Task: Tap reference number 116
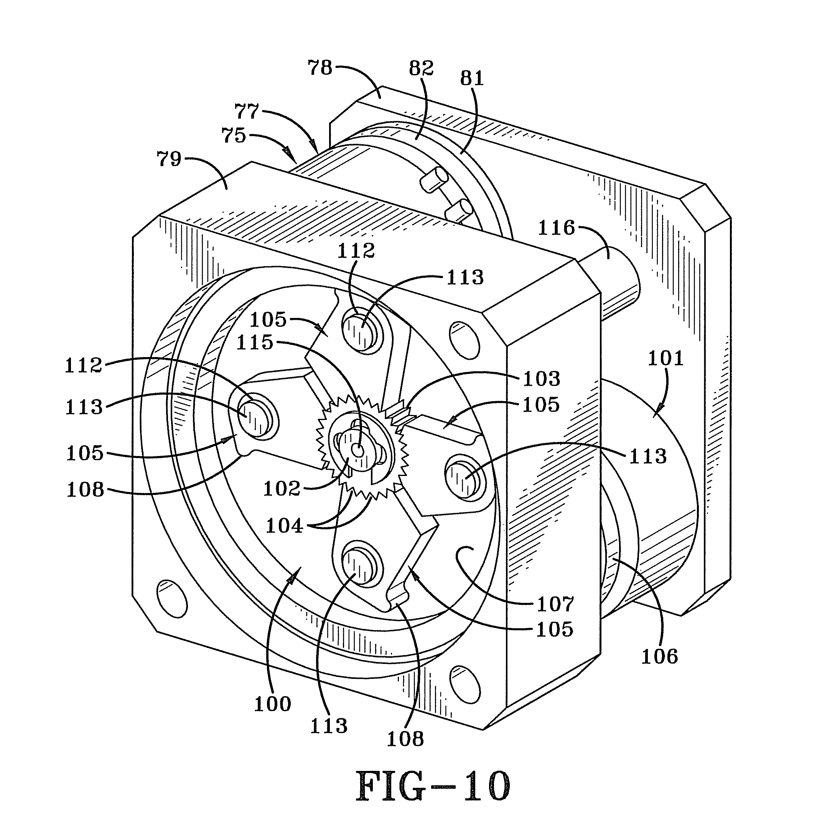point(556,228)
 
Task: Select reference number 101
point(665,358)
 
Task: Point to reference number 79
point(169,159)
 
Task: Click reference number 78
point(320,68)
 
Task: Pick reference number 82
point(421,68)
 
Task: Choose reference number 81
point(472,78)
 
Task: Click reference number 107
point(555,604)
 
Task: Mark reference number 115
point(255,343)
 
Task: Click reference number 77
point(247,112)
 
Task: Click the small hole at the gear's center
point(358,450)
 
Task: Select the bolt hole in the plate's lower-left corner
point(173,598)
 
